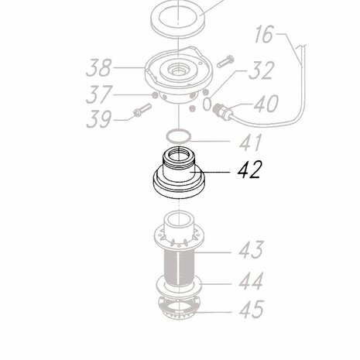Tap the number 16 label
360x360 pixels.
(x=263, y=35)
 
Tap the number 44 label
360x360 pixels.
(x=249, y=279)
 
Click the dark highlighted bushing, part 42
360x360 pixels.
(x=180, y=178)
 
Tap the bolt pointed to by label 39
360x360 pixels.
(x=142, y=110)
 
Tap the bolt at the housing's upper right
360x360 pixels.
(x=227, y=58)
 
